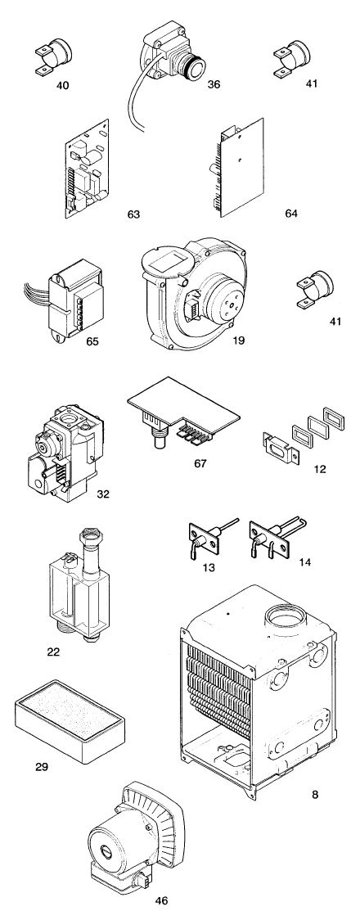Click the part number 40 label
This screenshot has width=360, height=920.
[x=63, y=86]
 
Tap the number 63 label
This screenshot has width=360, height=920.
[x=133, y=214]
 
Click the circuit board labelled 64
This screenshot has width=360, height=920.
[x=241, y=168]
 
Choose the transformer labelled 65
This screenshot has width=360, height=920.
[x=73, y=305]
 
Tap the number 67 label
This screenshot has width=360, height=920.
[x=200, y=464]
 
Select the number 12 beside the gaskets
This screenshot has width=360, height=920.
[x=320, y=469]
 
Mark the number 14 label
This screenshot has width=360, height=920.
[x=304, y=562]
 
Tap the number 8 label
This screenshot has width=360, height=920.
[x=316, y=795]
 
